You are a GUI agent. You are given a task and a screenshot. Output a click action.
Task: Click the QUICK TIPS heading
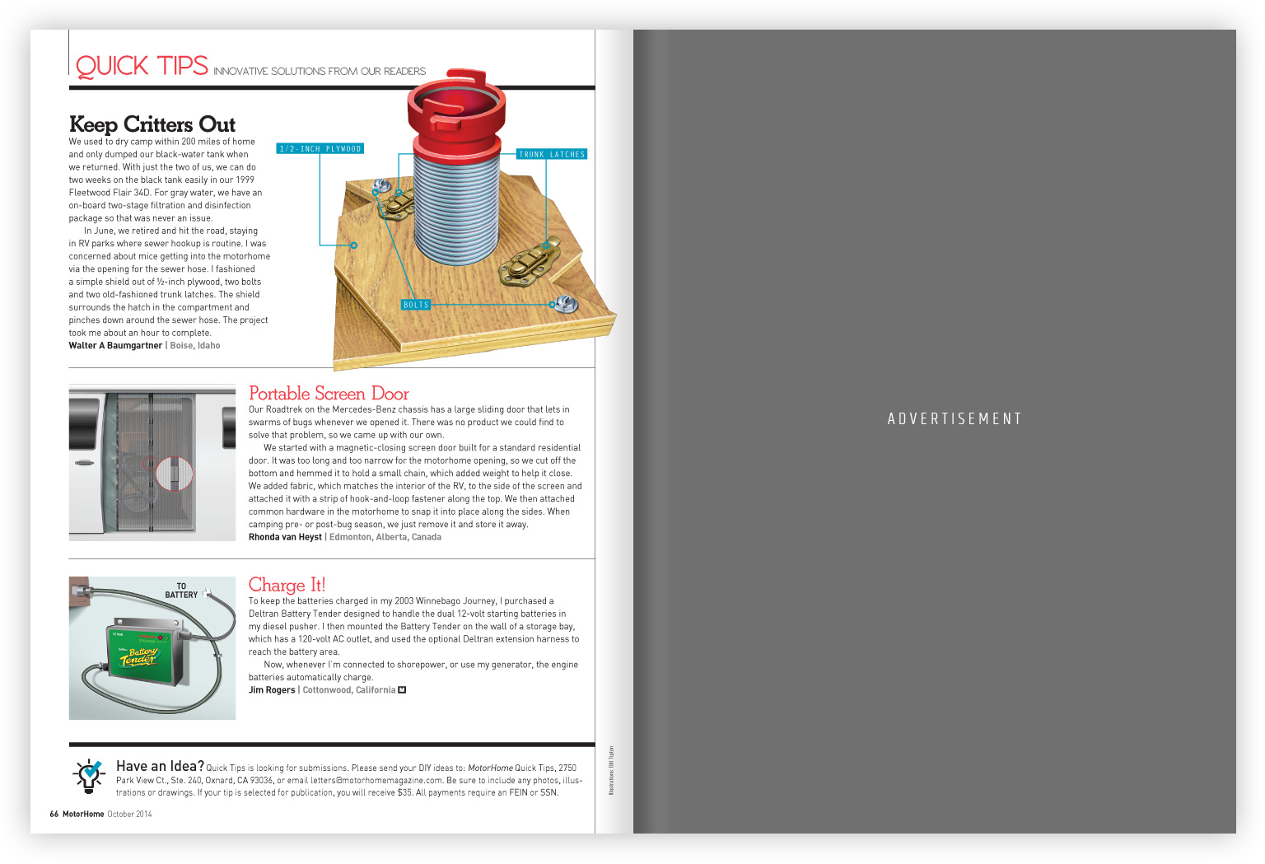142,66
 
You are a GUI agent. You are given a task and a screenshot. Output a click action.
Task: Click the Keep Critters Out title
152,124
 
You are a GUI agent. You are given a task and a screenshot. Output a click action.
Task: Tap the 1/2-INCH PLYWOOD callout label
320,149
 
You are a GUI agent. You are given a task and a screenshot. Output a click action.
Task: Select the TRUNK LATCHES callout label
552,154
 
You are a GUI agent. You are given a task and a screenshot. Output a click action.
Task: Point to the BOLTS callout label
416,305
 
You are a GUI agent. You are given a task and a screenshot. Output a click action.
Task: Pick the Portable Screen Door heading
329,394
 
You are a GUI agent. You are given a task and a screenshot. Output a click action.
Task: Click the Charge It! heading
287,585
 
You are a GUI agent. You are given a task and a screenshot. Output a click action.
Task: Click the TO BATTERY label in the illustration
181,591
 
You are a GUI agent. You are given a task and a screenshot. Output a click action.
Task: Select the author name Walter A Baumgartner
115,346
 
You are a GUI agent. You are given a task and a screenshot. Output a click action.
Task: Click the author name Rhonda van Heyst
285,537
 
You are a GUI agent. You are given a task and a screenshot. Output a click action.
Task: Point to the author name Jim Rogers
272,690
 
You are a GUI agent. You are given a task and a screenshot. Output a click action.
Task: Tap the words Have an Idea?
160,767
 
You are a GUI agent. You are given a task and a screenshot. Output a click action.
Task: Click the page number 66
54,815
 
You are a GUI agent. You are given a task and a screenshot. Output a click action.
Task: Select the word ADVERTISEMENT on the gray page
955,419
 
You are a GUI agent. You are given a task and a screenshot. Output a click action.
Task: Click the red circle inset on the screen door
174,474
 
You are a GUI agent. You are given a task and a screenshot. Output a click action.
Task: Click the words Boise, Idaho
195,346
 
